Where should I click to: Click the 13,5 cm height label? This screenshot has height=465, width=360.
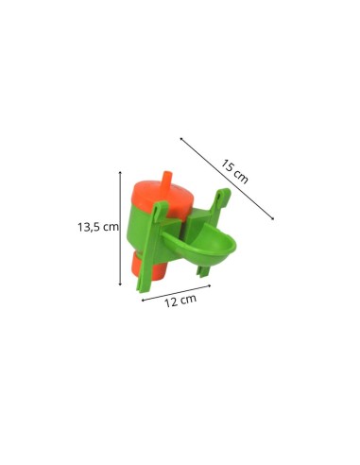coord(98,227)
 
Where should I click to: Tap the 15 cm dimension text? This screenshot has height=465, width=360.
coord(234,171)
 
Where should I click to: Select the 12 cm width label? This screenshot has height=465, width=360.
coord(180,301)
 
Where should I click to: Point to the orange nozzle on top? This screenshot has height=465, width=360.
coord(167,181)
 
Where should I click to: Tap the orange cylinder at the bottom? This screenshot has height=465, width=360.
coord(148,265)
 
